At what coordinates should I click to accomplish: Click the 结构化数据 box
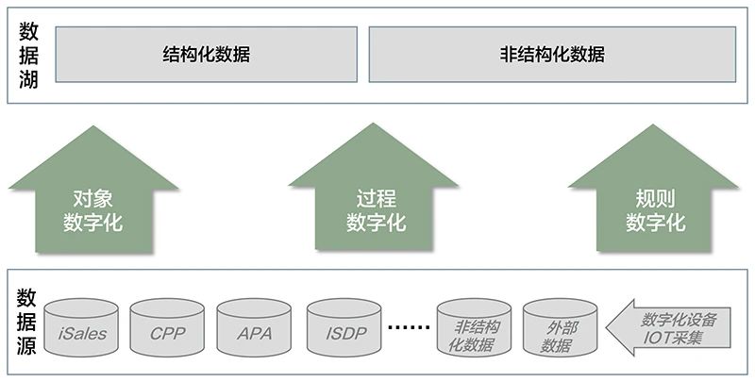pos(207,55)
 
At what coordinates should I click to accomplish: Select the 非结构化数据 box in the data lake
pos(552,55)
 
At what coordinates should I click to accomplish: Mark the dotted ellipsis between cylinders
pos(408,327)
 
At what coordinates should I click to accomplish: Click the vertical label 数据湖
pos(28,55)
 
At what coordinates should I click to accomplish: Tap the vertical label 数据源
pos(27,320)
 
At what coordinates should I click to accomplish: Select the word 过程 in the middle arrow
pos(376,199)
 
